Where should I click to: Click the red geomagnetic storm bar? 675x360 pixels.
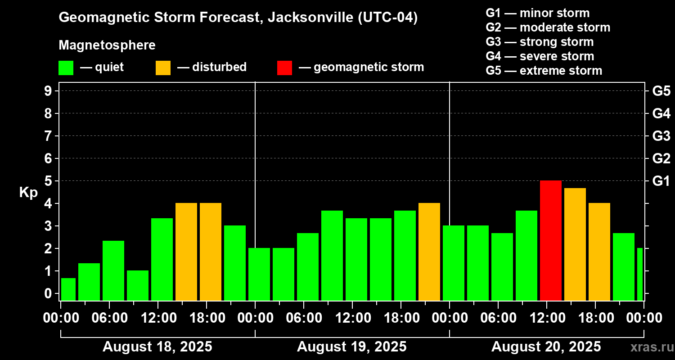[550, 240]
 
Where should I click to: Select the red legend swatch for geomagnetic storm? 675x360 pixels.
[284, 67]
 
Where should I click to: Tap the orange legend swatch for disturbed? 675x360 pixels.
[163, 67]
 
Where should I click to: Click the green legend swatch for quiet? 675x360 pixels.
[66, 67]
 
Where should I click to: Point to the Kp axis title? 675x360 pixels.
[28, 192]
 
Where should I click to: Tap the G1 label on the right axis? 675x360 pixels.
[661, 181]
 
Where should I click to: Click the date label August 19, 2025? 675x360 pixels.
[351, 347]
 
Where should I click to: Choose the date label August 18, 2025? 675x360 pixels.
[157, 347]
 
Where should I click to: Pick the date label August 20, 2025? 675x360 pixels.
[546, 347]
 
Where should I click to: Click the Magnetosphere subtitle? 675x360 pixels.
[107, 45]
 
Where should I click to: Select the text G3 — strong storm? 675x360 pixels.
[540, 42]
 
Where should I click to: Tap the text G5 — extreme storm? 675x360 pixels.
[544, 71]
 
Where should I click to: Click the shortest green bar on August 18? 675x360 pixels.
[68, 289]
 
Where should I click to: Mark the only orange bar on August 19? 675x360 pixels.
[429, 252]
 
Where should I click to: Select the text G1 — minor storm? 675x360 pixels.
[537, 13]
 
